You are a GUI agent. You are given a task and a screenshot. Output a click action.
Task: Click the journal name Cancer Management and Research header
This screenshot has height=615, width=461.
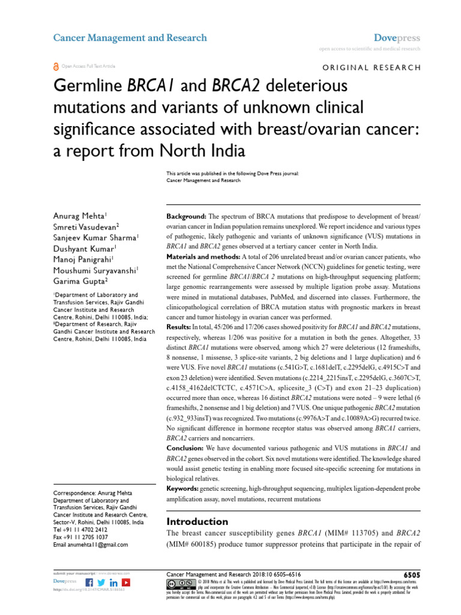tap(130, 38)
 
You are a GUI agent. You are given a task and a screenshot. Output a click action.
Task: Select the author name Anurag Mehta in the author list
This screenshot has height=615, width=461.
tap(79, 216)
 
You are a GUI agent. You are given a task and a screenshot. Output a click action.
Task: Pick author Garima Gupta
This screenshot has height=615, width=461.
tap(80, 280)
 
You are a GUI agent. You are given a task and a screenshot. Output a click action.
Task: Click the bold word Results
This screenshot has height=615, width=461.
tap(178, 327)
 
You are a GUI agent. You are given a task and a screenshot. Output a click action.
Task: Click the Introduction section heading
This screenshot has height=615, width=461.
tap(197, 521)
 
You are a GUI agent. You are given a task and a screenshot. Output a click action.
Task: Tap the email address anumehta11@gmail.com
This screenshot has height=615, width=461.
tap(91, 545)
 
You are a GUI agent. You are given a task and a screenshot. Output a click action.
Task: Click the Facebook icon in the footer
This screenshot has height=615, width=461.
tap(89, 583)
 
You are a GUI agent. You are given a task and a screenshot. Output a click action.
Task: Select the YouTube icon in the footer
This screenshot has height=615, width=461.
tap(126, 583)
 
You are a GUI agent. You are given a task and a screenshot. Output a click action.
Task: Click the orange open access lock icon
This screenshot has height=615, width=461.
tap(56, 67)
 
